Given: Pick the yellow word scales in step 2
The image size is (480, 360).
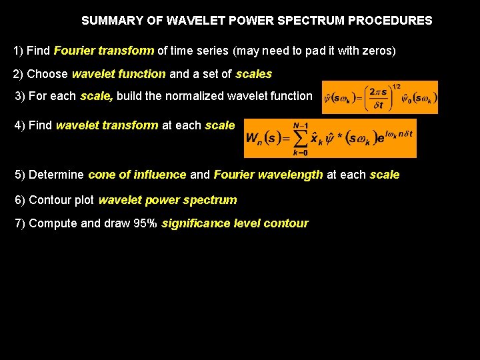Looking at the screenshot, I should click(x=254, y=74).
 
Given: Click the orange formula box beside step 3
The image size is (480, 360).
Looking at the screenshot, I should click(x=379, y=97).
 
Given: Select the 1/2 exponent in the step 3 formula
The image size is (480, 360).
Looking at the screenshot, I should click(x=396, y=87).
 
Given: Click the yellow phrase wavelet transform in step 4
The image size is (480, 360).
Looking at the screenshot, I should click(x=107, y=125).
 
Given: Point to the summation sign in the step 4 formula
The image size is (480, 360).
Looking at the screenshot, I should click(x=301, y=138).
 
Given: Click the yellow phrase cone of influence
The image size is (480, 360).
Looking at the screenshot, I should click(x=137, y=175).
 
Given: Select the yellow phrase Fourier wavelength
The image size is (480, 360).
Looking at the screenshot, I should click(x=268, y=175).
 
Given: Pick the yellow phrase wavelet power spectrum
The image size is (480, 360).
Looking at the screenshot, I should click(x=167, y=200).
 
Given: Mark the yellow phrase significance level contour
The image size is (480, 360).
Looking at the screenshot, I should click(x=235, y=223).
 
